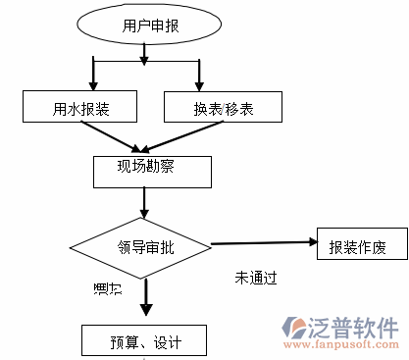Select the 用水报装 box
coord(80,105)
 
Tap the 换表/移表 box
coord(223,105)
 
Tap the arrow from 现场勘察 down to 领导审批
coord(144,201)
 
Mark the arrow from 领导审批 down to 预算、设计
coord(145,297)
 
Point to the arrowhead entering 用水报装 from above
coord(93,83)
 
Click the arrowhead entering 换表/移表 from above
coord(200,83)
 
